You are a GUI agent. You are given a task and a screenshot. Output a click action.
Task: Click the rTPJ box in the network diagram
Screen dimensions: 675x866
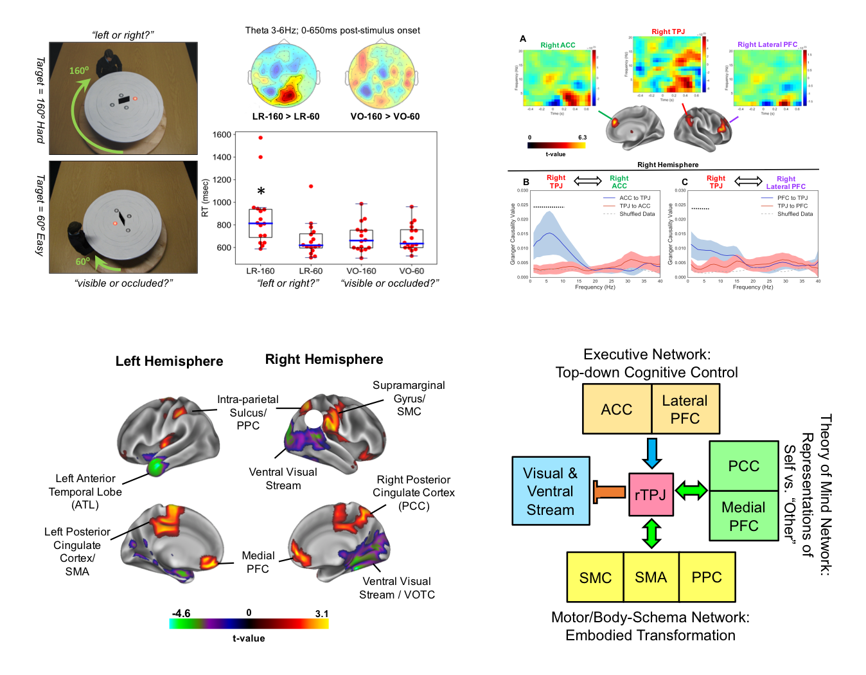coord(651,494)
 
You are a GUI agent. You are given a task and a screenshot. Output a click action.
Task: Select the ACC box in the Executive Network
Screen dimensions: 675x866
coord(617,410)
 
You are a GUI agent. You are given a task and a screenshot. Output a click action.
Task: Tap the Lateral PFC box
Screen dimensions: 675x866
coord(685,410)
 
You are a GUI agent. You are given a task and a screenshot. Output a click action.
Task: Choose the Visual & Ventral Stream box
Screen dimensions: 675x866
coord(551,491)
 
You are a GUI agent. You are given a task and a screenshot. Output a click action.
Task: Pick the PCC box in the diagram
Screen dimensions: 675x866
coord(744,466)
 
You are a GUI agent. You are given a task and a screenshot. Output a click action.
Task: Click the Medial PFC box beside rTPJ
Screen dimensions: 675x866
coord(744,516)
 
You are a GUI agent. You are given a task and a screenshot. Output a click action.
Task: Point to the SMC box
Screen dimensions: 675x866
coord(596,577)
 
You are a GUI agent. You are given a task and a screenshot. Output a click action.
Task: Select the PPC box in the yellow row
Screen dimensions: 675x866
coord(707,577)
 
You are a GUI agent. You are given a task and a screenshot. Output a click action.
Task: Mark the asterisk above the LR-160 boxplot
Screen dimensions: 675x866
coord(261,192)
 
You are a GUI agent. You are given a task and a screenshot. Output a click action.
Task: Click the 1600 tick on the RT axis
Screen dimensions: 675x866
coord(222,135)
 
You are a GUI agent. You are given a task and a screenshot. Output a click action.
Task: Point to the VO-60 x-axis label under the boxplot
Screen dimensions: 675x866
coord(412,271)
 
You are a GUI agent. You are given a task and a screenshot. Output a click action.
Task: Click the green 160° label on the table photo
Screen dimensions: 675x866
coord(79,71)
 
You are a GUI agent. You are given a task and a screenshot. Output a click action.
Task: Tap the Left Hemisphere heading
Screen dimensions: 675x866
coord(169,361)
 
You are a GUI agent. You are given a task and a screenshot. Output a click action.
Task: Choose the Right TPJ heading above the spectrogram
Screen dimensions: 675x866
coord(668,32)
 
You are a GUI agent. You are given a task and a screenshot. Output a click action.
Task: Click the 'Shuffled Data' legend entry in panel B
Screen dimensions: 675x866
coord(637,214)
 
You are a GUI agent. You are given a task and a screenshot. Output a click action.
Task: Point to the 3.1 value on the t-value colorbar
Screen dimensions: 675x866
coord(322,614)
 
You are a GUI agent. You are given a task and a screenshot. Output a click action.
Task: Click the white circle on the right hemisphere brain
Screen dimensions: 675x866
coord(313,419)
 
